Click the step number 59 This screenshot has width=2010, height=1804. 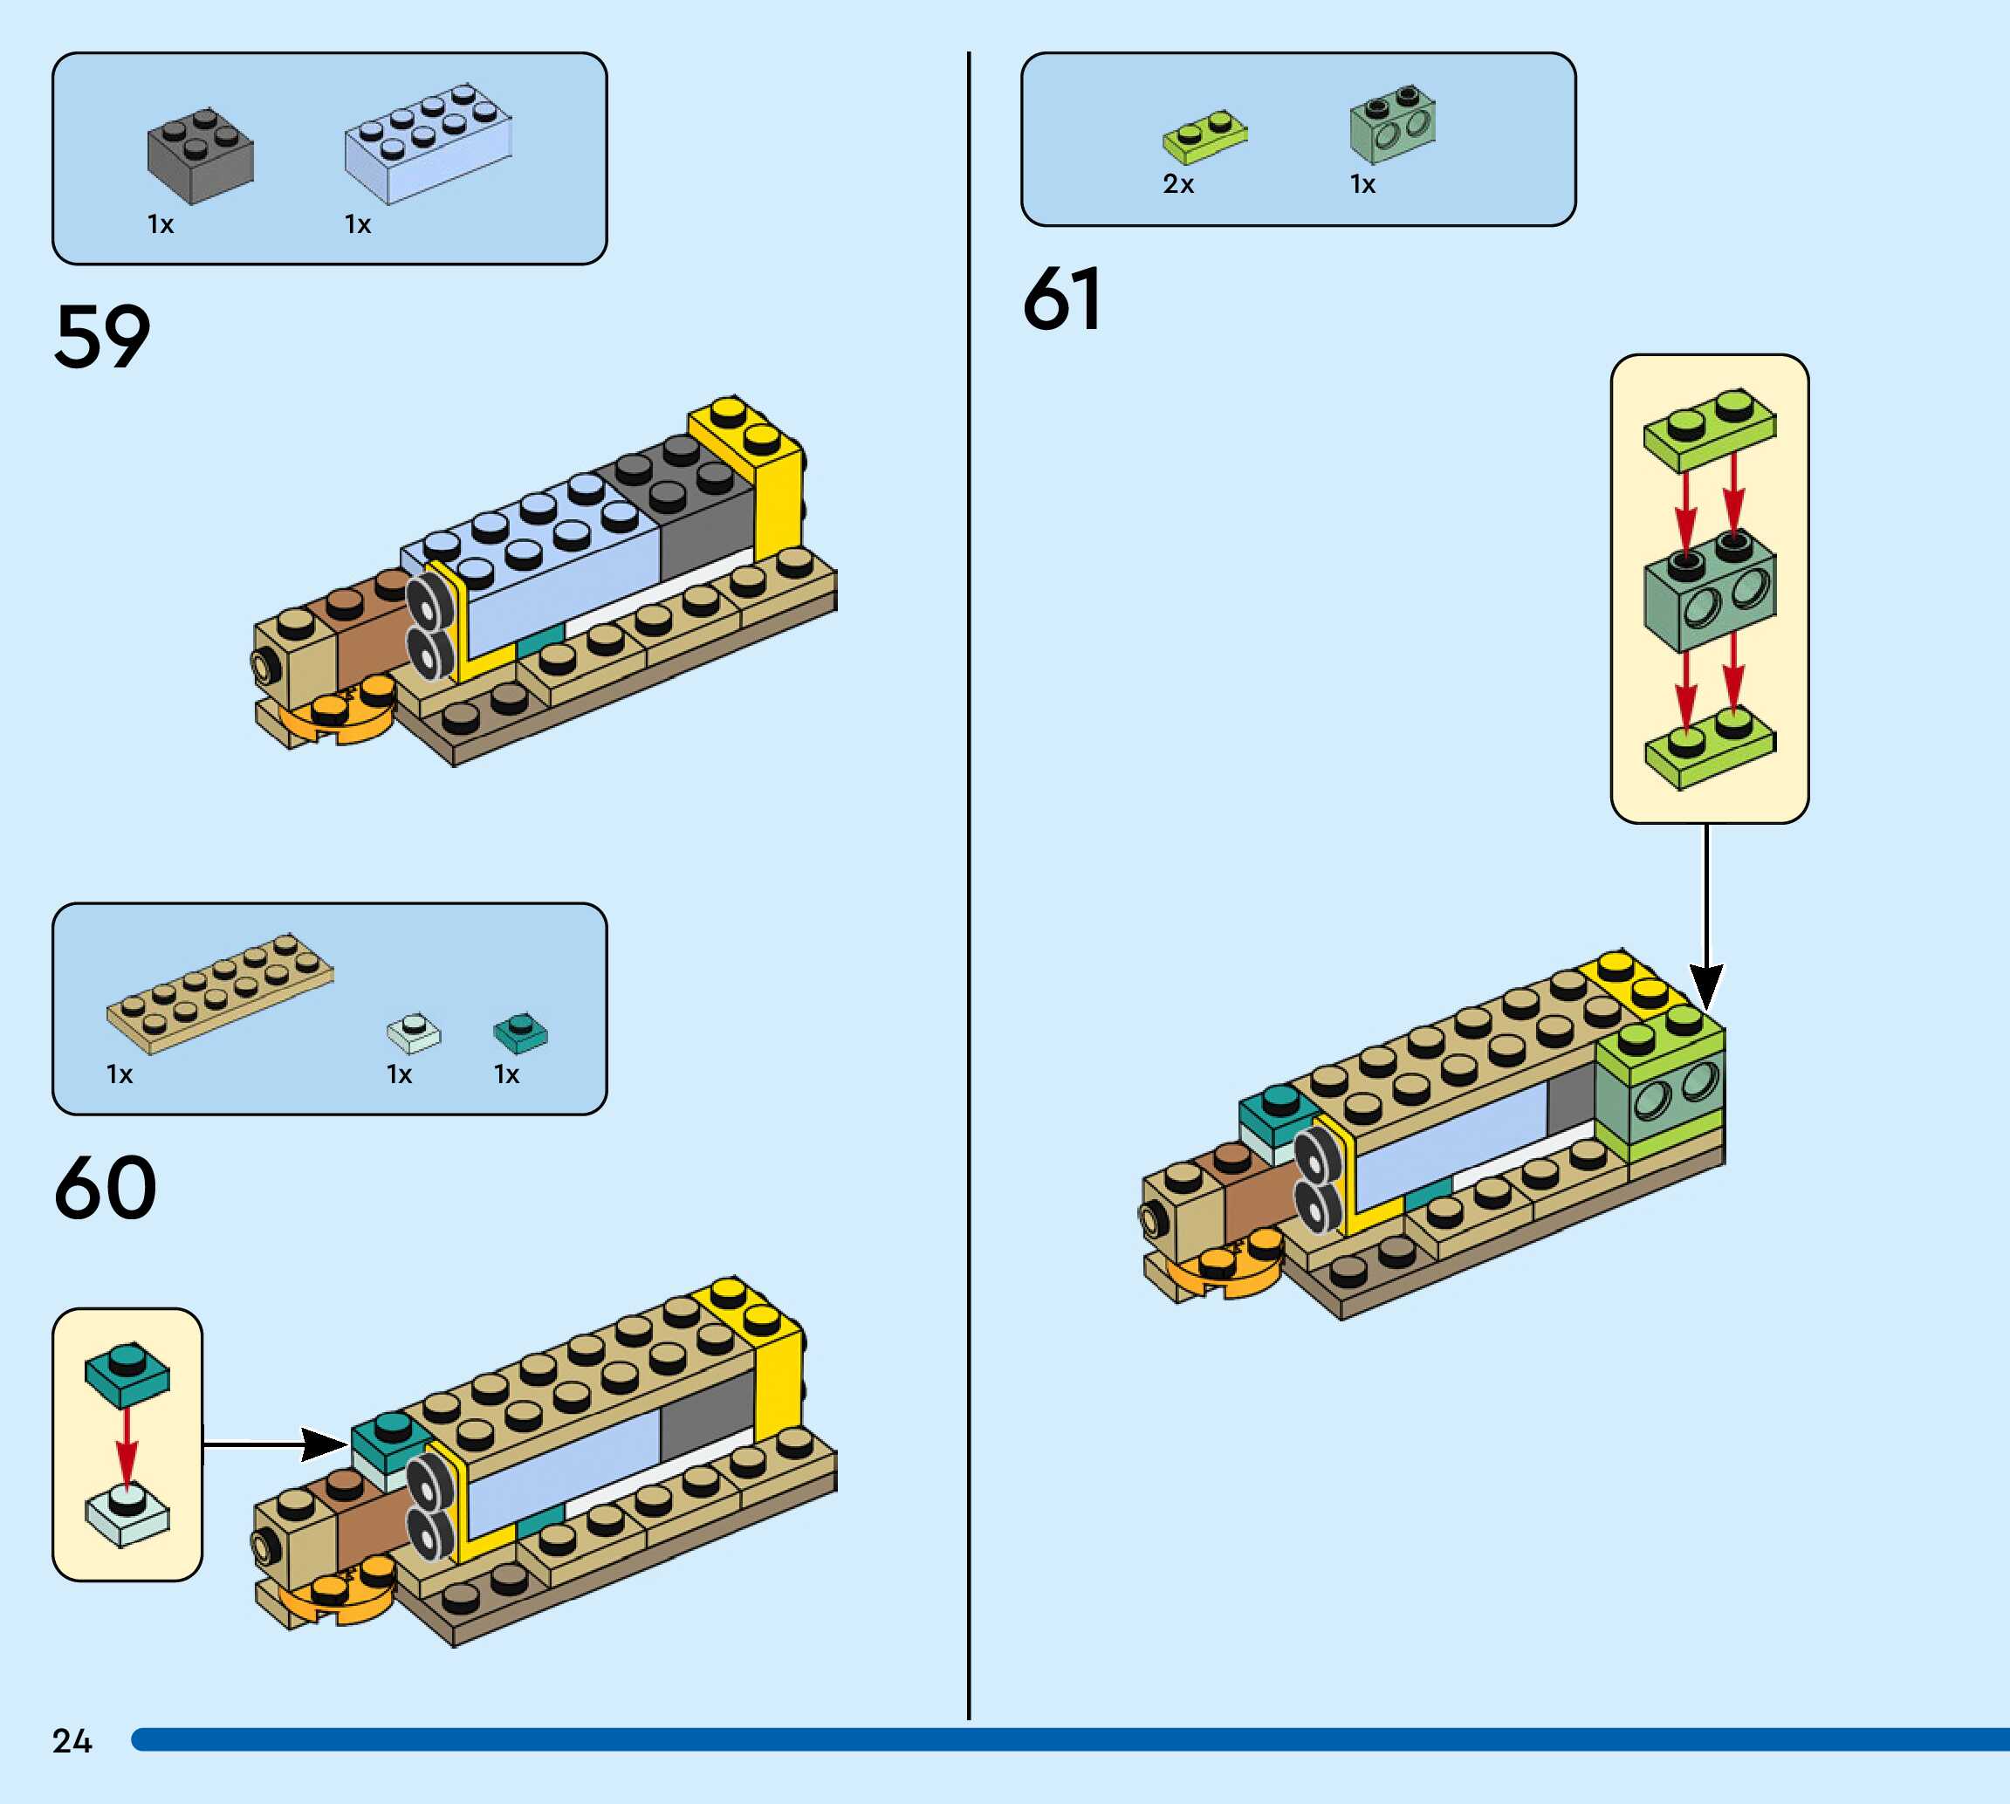pyautogui.click(x=102, y=337)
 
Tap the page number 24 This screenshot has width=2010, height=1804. pyautogui.click(x=72, y=1740)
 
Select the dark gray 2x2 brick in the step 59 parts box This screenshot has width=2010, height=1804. pyautogui.click(x=200, y=155)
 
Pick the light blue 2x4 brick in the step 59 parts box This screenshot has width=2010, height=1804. pyautogui.click(x=427, y=144)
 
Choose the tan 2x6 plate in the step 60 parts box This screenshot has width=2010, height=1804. pyautogui.click(x=219, y=992)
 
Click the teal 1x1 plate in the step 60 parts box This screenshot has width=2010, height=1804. pyautogui.click(x=520, y=1032)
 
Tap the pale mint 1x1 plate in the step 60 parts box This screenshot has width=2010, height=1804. pyautogui.click(x=414, y=1032)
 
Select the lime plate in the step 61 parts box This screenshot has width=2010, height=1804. pyautogui.click(x=1204, y=136)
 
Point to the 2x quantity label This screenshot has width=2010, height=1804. pyautogui.click(x=1178, y=184)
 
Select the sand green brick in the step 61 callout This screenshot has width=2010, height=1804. pyautogui.click(x=1710, y=591)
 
